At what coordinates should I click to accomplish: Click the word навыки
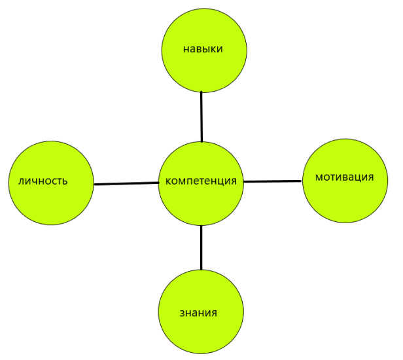(203, 48)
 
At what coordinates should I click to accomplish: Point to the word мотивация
(344, 177)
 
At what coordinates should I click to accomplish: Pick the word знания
(198, 312)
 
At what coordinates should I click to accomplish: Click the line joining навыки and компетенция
(201, 118)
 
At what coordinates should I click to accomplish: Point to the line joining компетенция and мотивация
(273, 181)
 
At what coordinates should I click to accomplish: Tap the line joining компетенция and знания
(201, 247)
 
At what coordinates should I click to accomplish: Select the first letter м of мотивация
(319, 177)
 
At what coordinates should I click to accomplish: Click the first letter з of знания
(181, 312)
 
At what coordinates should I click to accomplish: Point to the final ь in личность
(65, 181)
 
